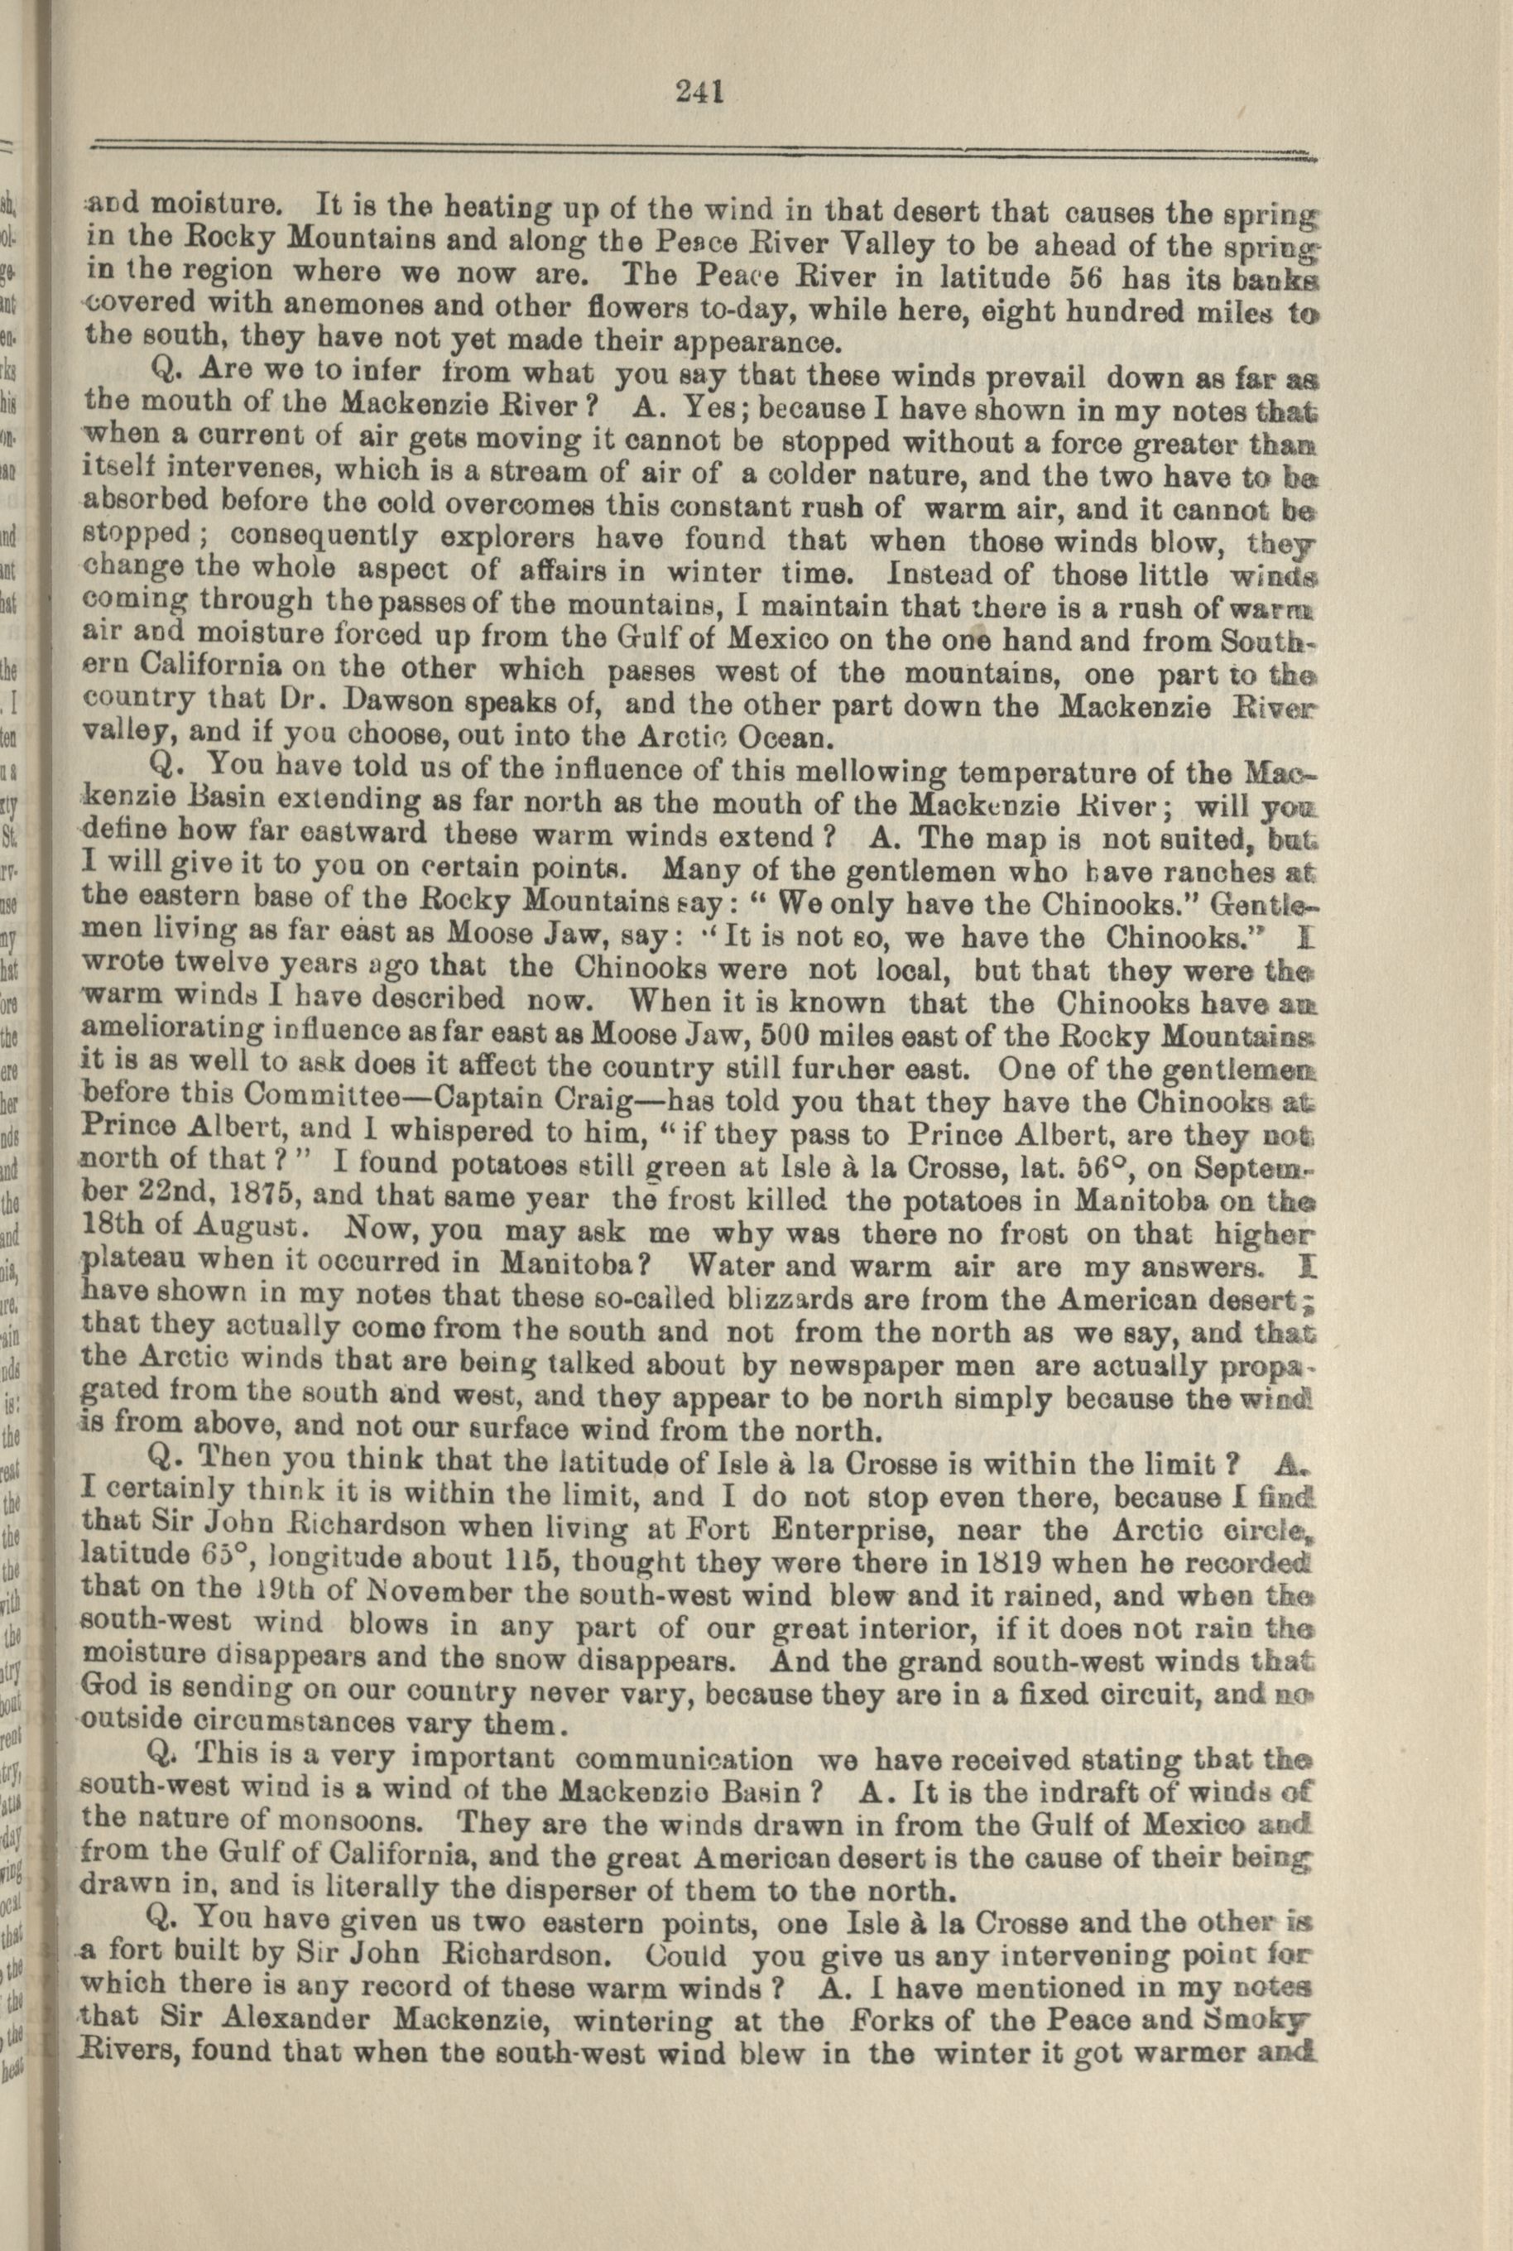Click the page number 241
[699, 93]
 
